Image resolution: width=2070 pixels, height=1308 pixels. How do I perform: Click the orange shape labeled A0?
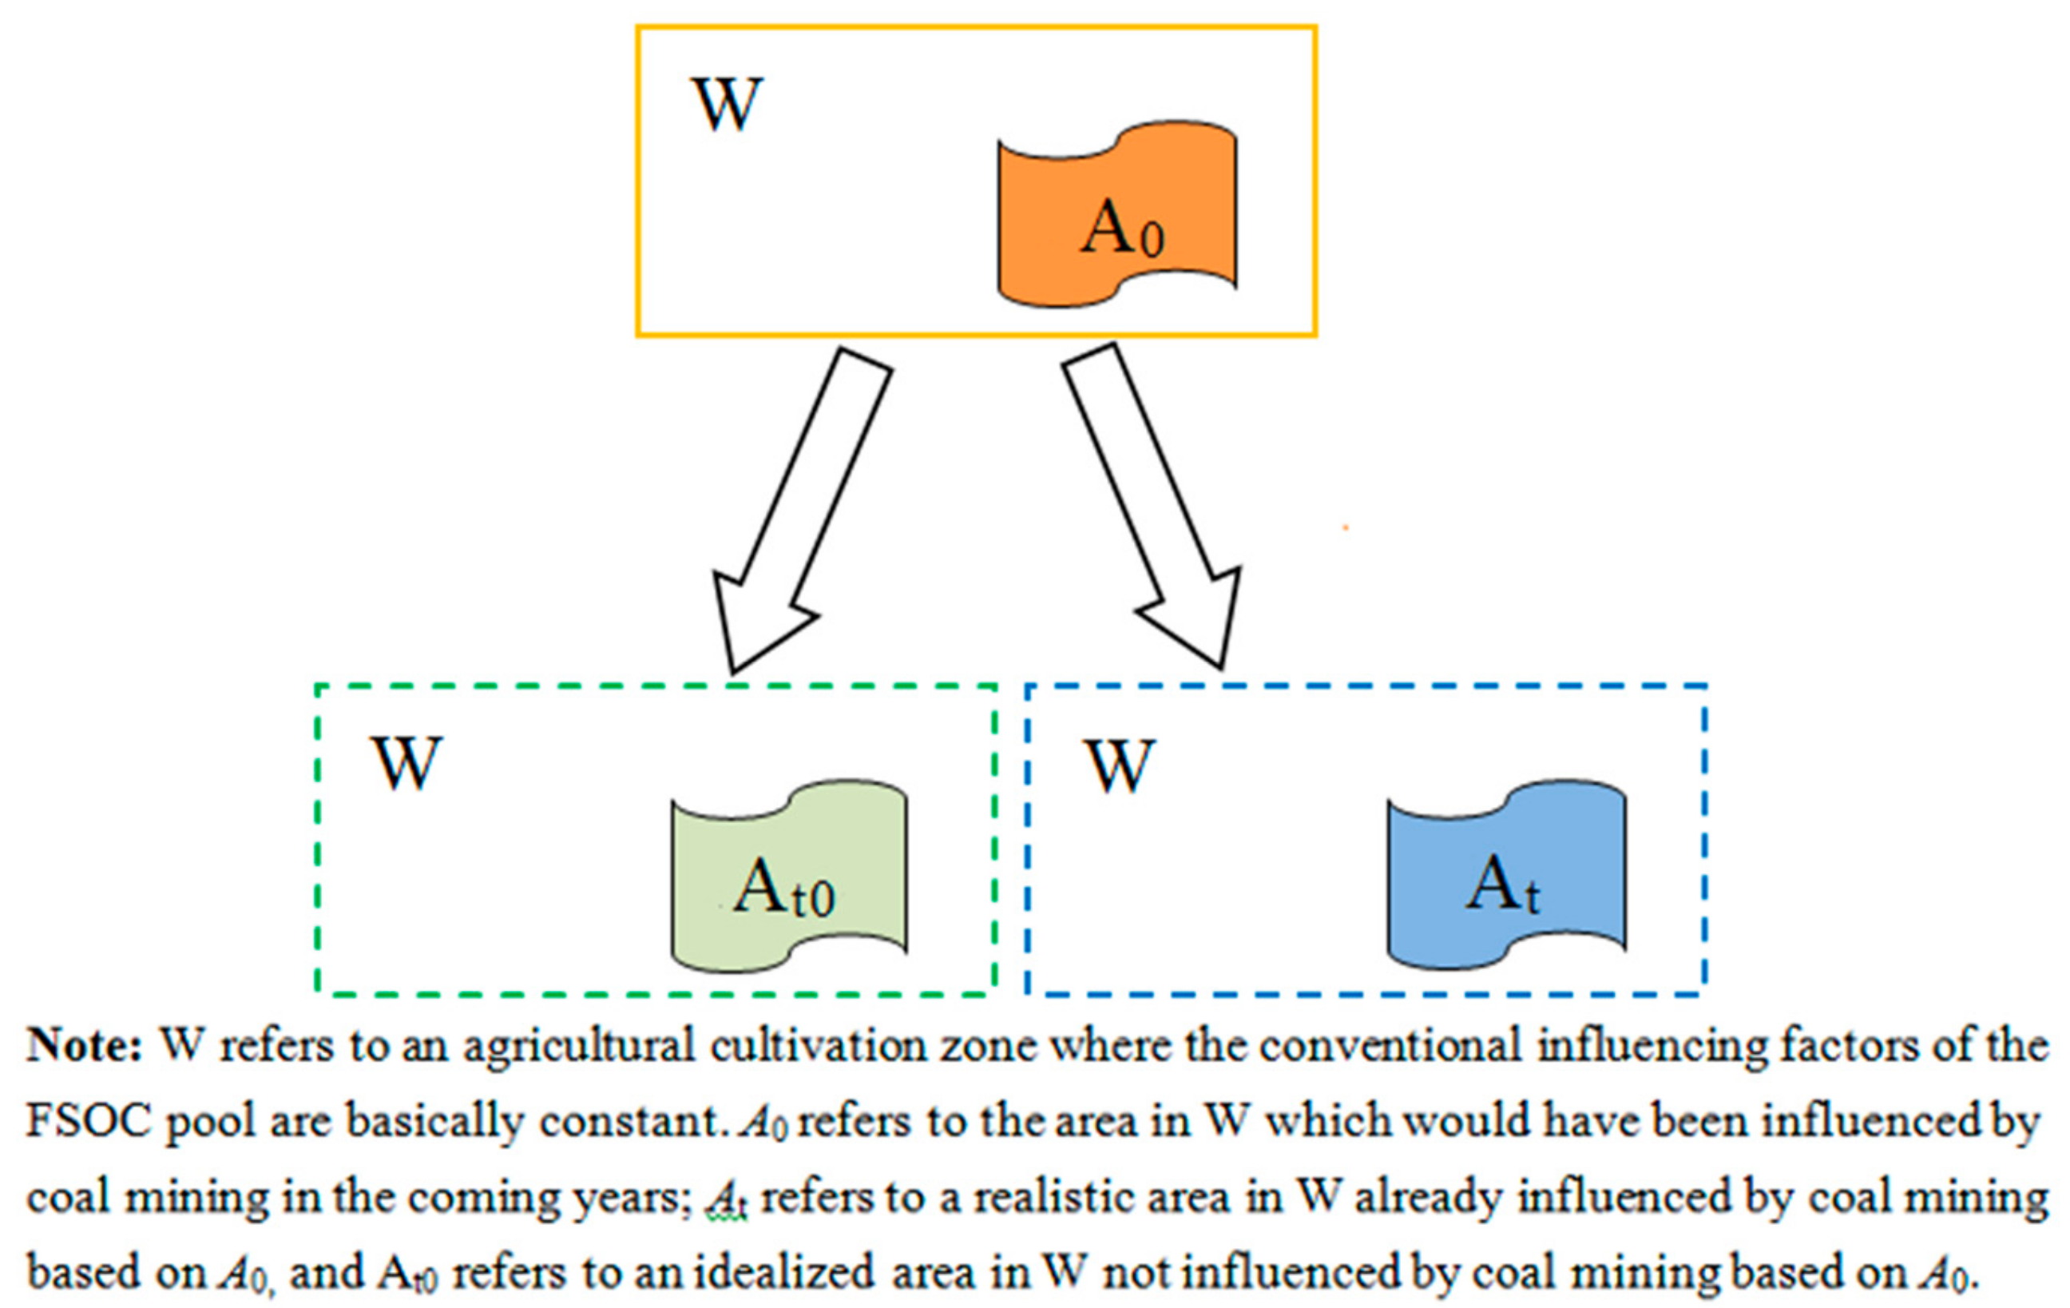1116,215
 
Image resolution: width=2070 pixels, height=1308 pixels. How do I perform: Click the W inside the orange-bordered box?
728,105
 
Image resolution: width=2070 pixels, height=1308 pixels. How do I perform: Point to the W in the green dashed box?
406,764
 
